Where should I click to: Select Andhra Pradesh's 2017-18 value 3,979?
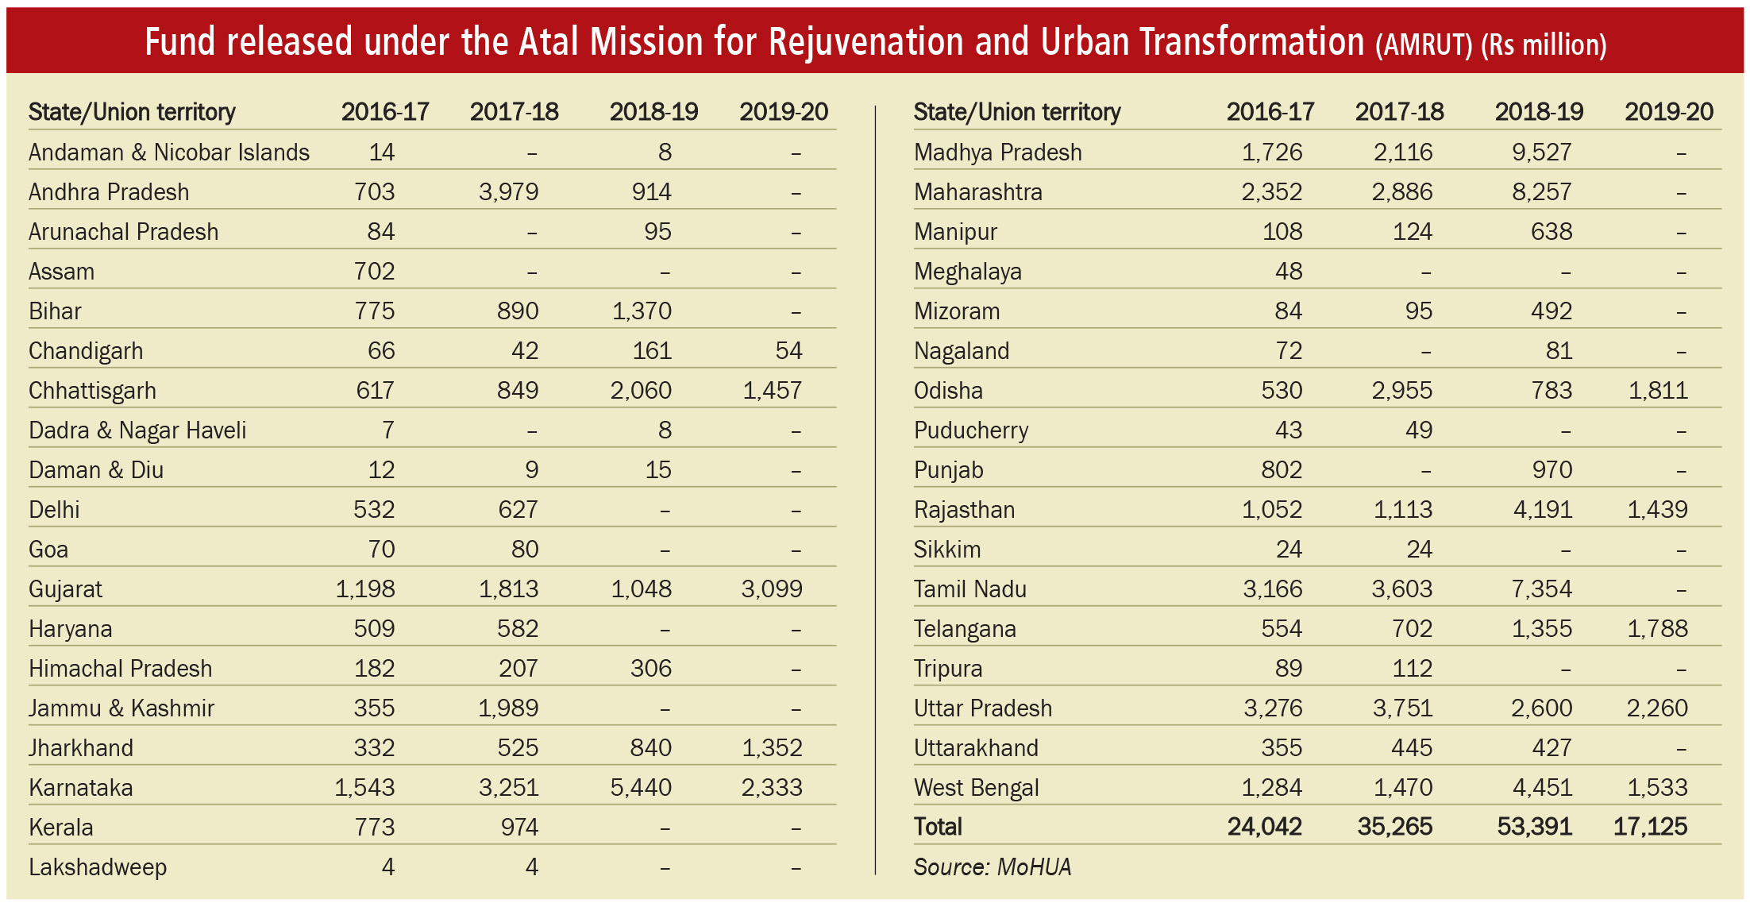coord(508,192)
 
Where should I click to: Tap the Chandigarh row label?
coord(86,351)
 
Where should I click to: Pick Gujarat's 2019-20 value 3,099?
coord(772,589)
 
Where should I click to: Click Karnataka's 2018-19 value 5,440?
coord(641,788)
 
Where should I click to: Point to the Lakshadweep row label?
coord(98,867)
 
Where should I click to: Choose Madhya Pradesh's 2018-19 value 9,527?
coord(1541,152)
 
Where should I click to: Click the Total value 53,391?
coord(1534,827)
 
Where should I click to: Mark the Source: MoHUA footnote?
coord(993,866)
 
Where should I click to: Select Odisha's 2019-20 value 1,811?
coord(1658,391)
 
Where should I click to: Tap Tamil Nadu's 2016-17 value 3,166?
coord(1273,589)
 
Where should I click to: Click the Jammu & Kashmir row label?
coord(121,708)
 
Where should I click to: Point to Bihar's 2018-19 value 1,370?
coord(642,311)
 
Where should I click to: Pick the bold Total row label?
coord(938,827)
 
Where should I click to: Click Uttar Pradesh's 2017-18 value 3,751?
coord(1403,708)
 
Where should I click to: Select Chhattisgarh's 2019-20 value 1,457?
coord(773,391)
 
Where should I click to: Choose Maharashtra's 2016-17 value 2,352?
coord(1272,192)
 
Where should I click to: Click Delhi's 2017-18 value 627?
coord(518,510)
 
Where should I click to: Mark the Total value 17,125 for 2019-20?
coord(1650,827)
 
